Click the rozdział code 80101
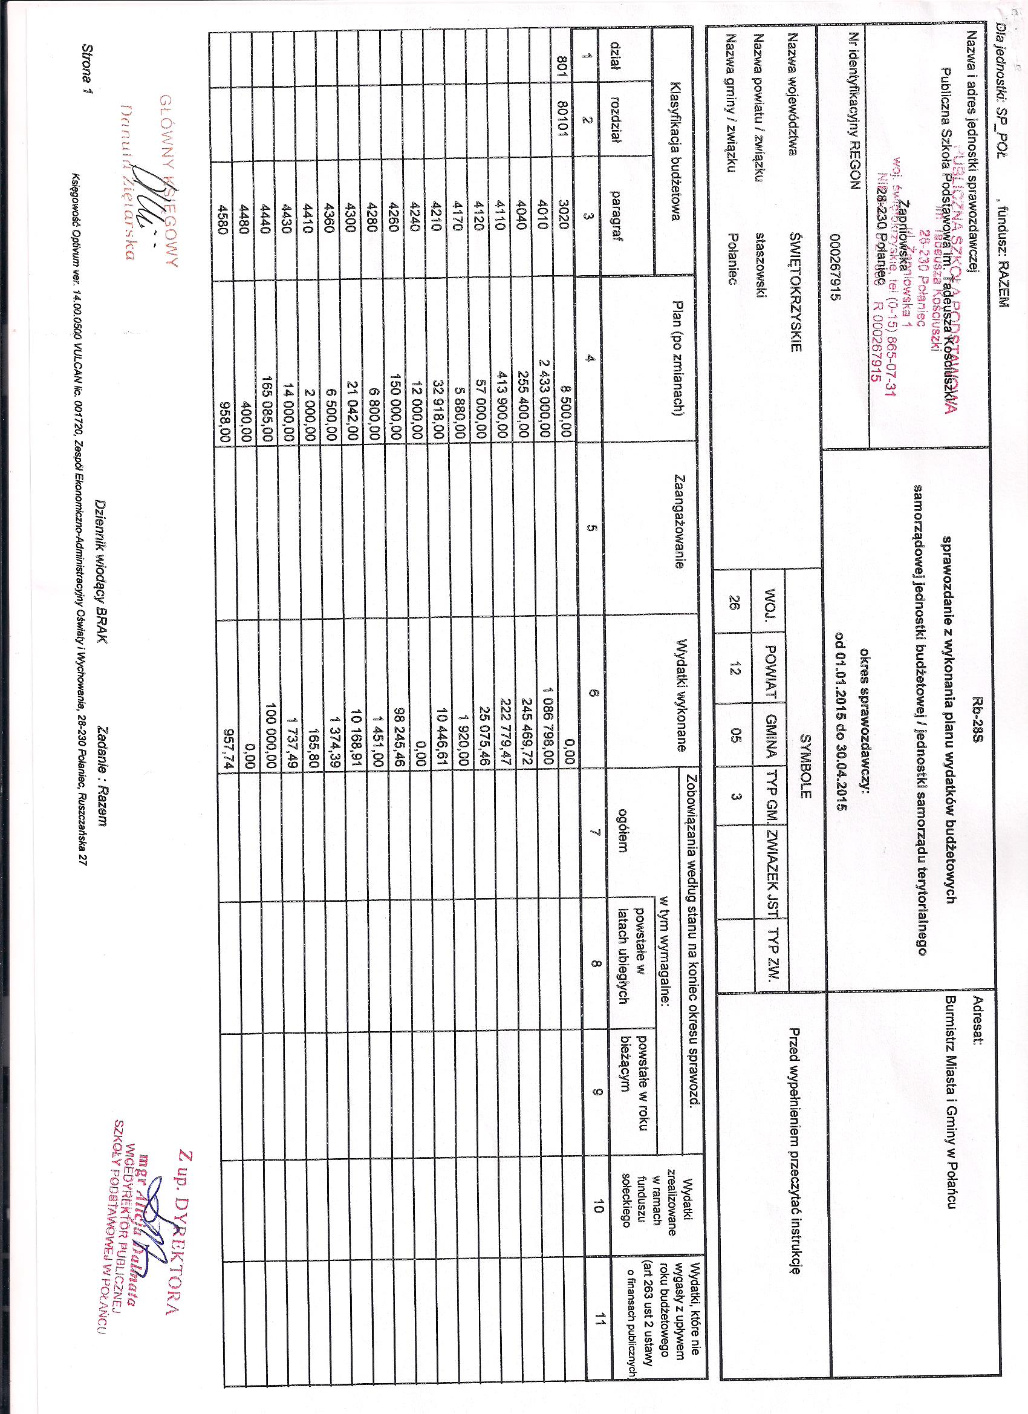(564, 141)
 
